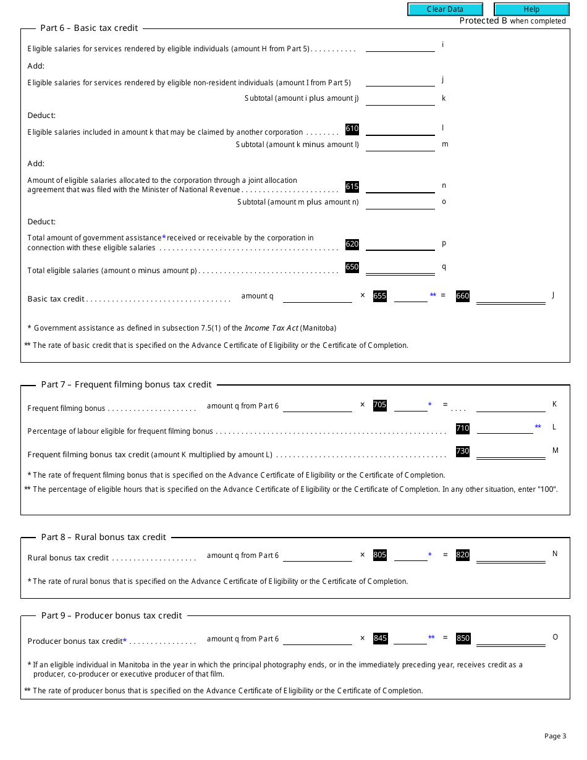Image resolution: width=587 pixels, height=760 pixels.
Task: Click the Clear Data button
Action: tap(444, 9)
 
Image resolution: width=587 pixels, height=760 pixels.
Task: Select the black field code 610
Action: tap(352, 129)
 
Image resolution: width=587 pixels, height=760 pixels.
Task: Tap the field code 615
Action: tap(352, 187)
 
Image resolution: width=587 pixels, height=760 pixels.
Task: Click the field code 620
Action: tap(352, 244)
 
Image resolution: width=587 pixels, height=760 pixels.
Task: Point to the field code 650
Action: tap(352, 268)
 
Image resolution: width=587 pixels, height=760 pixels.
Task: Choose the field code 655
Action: tap(380, 296)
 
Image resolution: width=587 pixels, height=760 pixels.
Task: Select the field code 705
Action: tap(380, 405)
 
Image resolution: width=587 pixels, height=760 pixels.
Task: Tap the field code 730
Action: tap(462, 452)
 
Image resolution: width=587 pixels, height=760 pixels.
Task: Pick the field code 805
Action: tap(380, 555)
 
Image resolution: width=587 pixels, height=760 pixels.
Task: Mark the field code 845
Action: tap(381, 638)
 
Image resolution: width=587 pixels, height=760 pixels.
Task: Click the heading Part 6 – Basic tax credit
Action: tap(89, 28)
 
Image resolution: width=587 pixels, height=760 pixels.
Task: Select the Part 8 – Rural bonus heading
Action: tap(103, 537)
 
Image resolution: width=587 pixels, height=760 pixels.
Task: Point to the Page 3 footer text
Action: tap(555, 736)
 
